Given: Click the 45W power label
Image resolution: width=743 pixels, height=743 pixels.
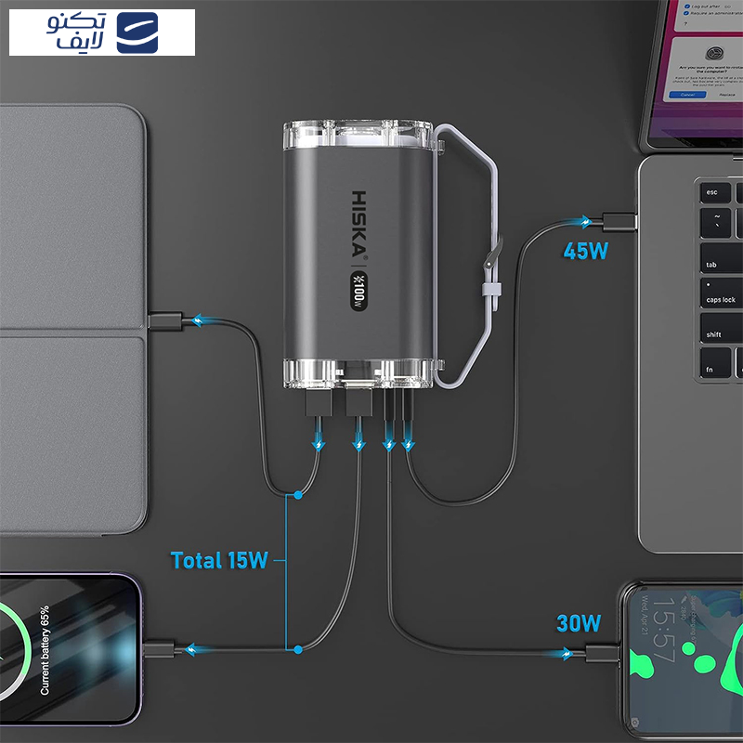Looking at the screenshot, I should pyautogui.click(x=587, y=251).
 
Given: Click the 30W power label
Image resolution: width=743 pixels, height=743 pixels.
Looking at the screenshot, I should pyautogui.click(x=579, y=622).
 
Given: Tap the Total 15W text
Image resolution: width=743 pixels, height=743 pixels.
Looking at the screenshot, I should pyautogui.click(x=219, y=560).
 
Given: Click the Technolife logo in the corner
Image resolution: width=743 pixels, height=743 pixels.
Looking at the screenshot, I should pyautogui.click(x=102, y=33).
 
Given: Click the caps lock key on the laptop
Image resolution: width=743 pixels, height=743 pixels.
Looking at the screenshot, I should pyautogui.click(x=720, y=299).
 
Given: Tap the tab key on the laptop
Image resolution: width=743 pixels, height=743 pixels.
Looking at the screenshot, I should pyautogui.click(x=712, y=263).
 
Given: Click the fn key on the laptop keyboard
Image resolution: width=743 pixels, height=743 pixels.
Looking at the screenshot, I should pyautogui.click(x=711, y=369).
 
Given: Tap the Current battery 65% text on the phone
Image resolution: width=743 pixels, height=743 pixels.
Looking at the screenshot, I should pyautogui.click(x=44, y=650).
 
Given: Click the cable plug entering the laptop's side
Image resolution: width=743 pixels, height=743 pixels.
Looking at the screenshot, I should pyautogui.click(x=618, y=221).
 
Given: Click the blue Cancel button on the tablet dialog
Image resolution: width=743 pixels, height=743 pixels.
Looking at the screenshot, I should pyautogui.click(x=687, y=95).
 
